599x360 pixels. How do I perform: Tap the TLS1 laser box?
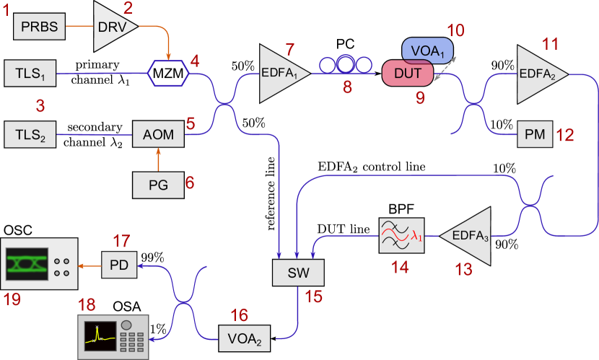pyautogui.click(x=30, y=74)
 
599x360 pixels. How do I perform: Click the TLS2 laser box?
pyautogui.click(x=30, y=135)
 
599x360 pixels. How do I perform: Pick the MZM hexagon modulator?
pyautogui.click(x=167, y=74)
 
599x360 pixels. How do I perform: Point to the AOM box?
pyautogui.click(x=158, y=135)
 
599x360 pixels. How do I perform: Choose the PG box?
pyautogui.click(x=158, y=185)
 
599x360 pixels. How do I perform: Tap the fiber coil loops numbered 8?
pyautogui.click(x=345, y=66)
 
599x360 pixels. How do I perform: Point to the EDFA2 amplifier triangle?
pyautogui.click(x=538, y=73)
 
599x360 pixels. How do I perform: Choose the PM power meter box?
pyautogui.click(x=535, y=134)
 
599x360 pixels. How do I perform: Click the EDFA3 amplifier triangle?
pyautogui.click(x=470, y=234)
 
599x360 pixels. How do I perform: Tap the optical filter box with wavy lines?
pyautogui.click(x=401, y=234)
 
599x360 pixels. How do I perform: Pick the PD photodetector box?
pyautogui.click(x=118, y=265)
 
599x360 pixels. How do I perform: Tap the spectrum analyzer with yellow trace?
pyautogui.click(x=113, y=335)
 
